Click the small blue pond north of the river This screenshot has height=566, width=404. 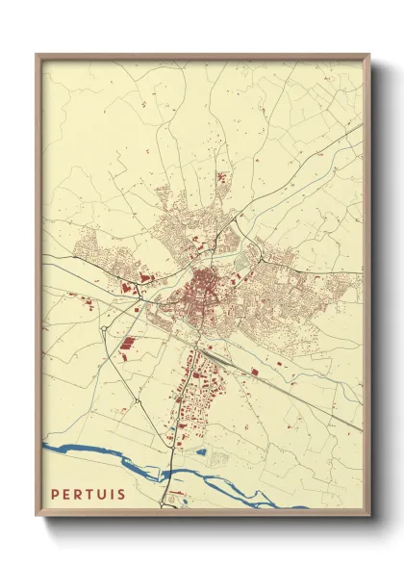(201, 450)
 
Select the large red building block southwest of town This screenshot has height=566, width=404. (128, 343)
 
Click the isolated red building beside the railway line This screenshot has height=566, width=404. (255, 370)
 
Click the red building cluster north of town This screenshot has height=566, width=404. (222, 178)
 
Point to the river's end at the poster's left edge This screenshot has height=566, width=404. (45, 448)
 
